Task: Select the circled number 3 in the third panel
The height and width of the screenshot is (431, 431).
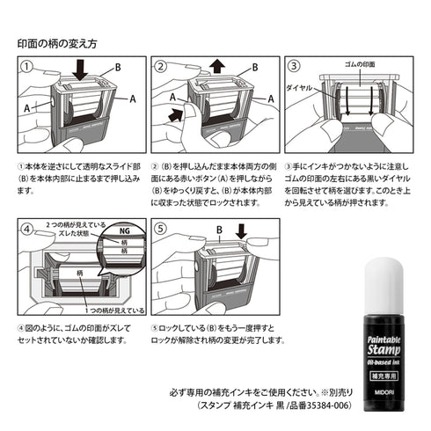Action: pos(295,66)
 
